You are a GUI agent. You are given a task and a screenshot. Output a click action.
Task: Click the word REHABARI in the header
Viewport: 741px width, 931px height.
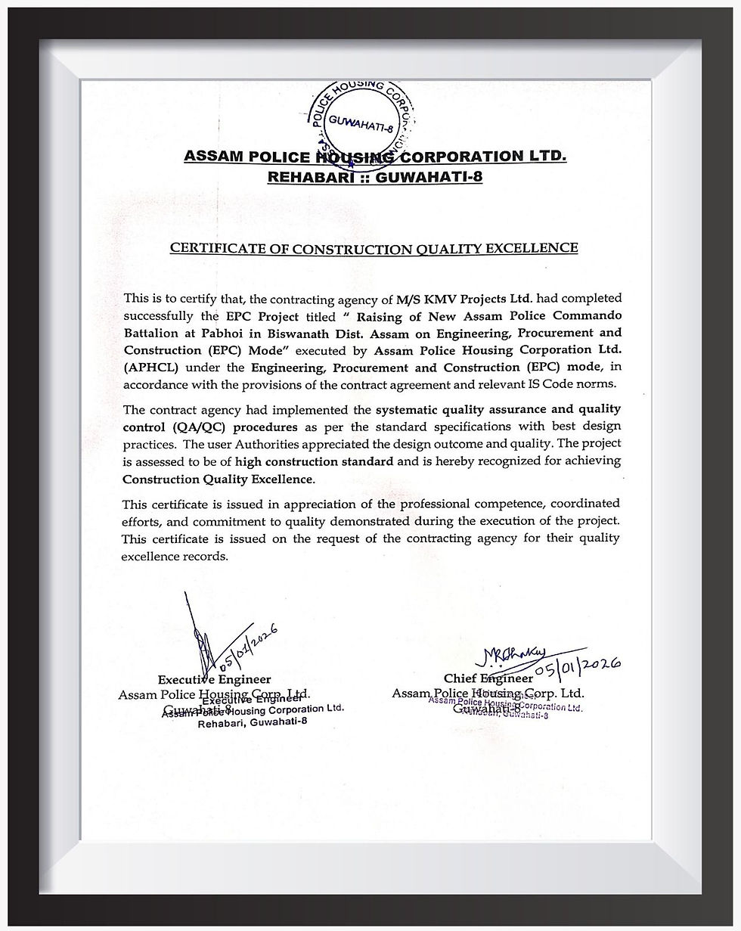click(305, 177)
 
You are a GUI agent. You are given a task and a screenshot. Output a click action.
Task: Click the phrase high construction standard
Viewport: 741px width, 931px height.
click(314, 461)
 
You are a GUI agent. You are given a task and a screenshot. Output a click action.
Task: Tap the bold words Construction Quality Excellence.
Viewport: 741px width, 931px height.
click(217, 479)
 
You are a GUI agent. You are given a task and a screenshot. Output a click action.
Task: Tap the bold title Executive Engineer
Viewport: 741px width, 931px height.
click(214, 679)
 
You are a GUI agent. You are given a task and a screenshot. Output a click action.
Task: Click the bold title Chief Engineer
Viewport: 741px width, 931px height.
click(488, 678)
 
